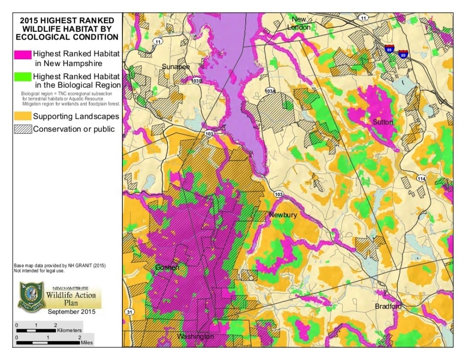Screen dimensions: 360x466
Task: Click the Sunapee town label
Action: pyautogui.click(x=175, y=67)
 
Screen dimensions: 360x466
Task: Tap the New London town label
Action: pyautogui.click(x=299, y=23)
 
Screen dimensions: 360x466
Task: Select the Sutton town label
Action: pyautogui.click(x=383, y=122)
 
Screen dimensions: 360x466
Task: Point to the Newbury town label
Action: pyautogui.click(x=283, y=215)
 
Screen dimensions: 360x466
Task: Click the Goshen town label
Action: pyautogui.click(x=167, y=267)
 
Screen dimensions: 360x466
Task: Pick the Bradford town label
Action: pyautogui.click(x=388, y=306)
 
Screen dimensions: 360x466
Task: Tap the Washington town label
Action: pyautogui.click(x=195, y=336)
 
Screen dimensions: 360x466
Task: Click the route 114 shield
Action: pyautogui.click(x=421, y=179)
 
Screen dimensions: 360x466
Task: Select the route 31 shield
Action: pyautogui.click(x=129, y=312)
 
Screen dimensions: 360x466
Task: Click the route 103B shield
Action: pyautogui.click(x=197, y=81)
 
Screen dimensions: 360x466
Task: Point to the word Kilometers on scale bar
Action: pyautogui.click(x=70, y=330)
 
